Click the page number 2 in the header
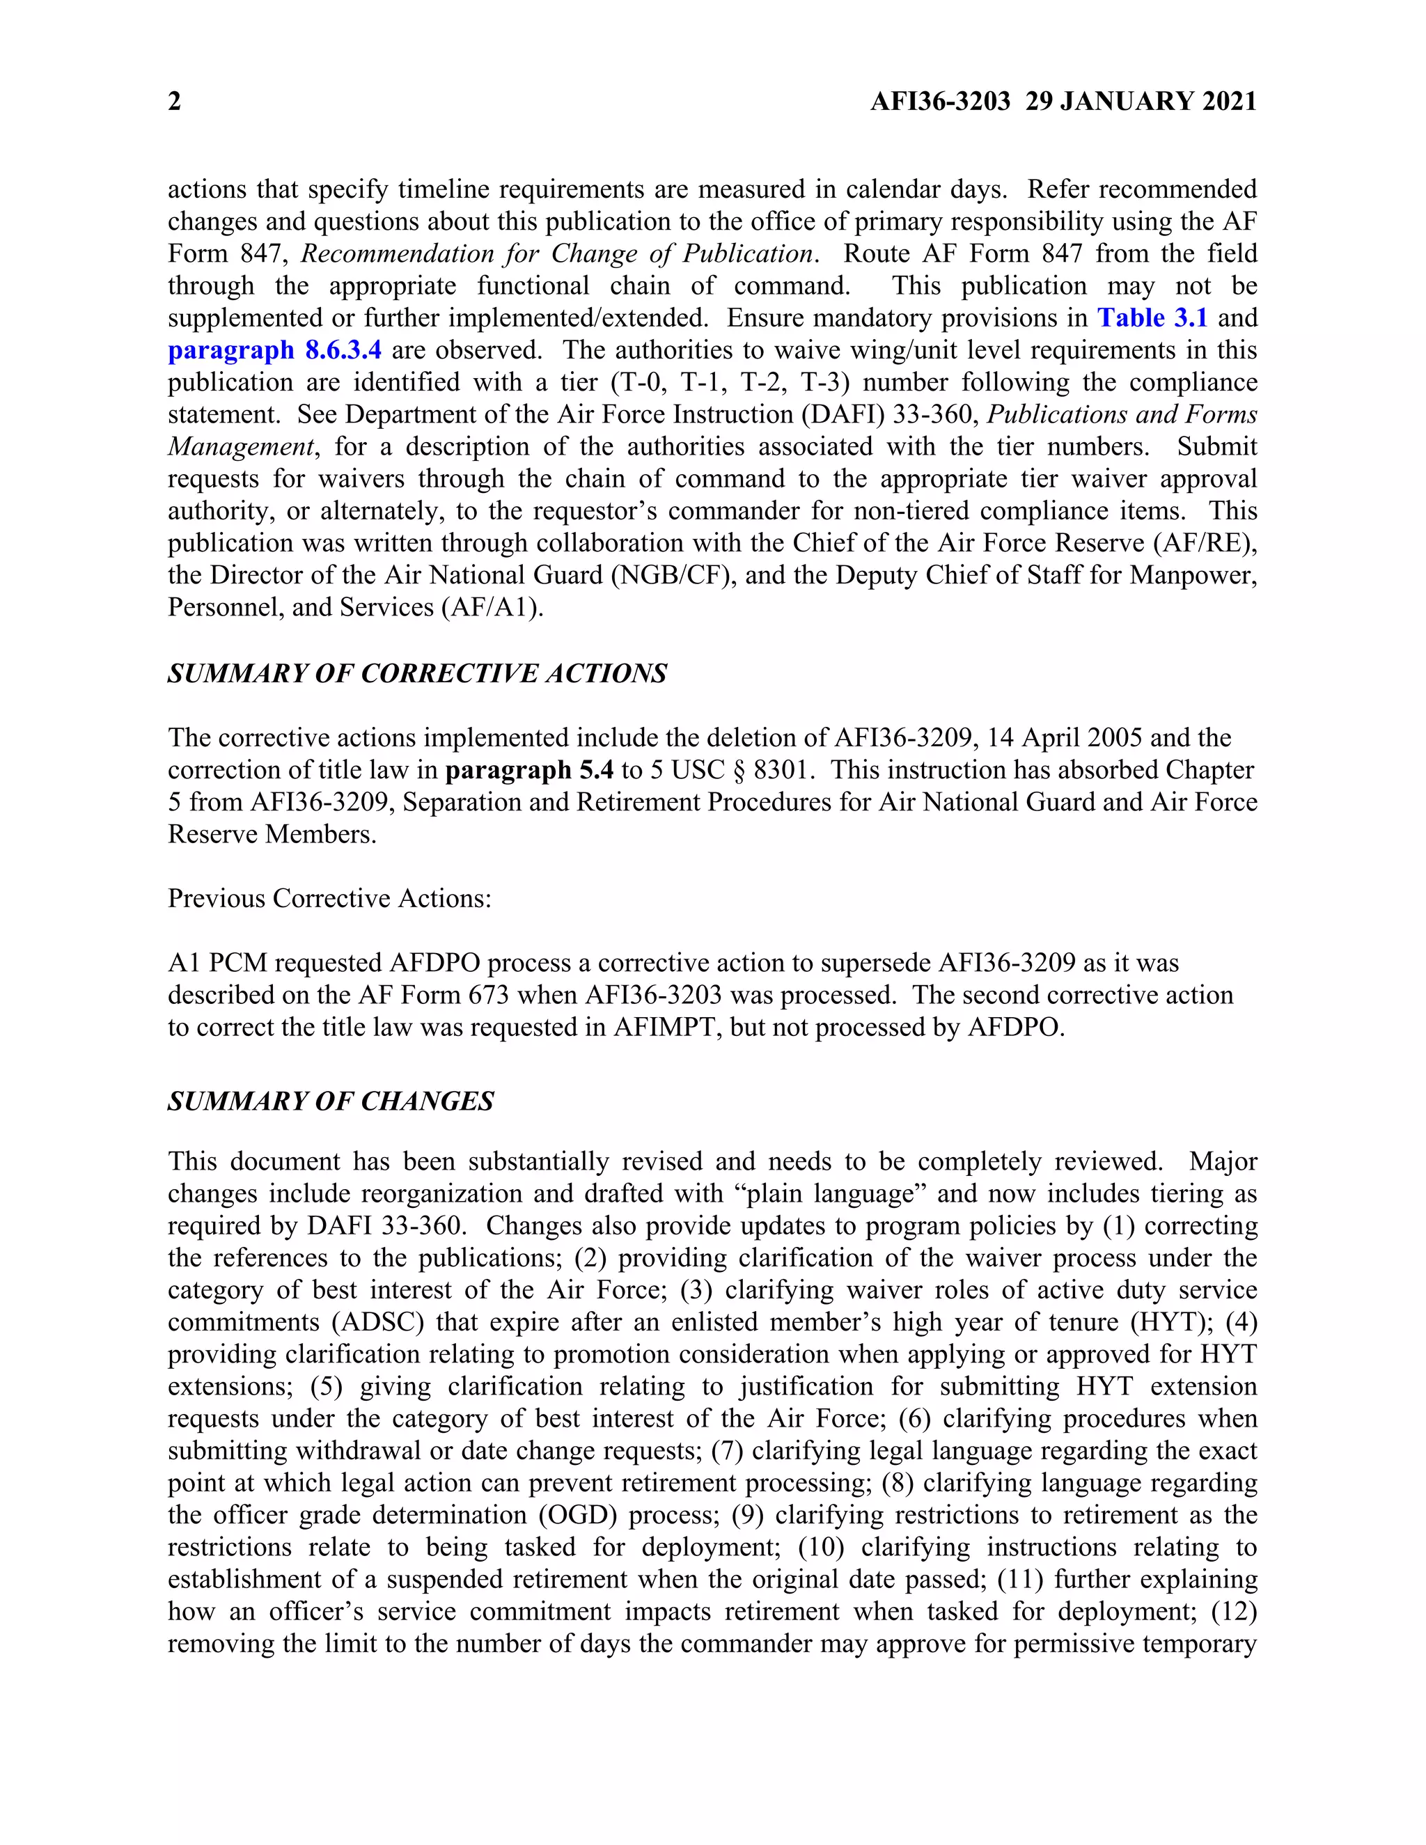pos(174,102)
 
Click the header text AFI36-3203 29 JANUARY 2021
pos(1063,102)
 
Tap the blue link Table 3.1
pos(1152,317)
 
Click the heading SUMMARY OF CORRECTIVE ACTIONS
pos(417,673)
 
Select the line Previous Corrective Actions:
pos(329,898)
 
